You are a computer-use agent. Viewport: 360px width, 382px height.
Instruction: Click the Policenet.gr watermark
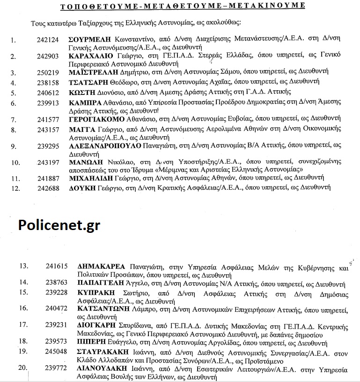pyautogui.click(x=59, y=225)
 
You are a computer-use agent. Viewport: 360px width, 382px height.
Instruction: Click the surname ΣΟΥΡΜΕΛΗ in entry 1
pyautogui.click(x=88, y=40)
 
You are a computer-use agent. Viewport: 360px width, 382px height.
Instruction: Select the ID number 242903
pyautogui.click(x=48, y=57)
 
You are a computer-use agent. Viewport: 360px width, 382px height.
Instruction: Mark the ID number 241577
pyautogui.click(x=48, y=120)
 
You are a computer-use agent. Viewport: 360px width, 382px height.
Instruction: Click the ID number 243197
pyautogui.click(x=48, y=163)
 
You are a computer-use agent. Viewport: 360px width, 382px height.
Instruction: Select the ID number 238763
pyautogui.click(x=57, y=283)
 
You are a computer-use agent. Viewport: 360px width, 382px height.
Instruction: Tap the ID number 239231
pyautogui.click(x=57, y=324)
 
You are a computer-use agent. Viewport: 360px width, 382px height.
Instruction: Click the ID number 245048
pyautogui.click(x=57, y=351)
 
